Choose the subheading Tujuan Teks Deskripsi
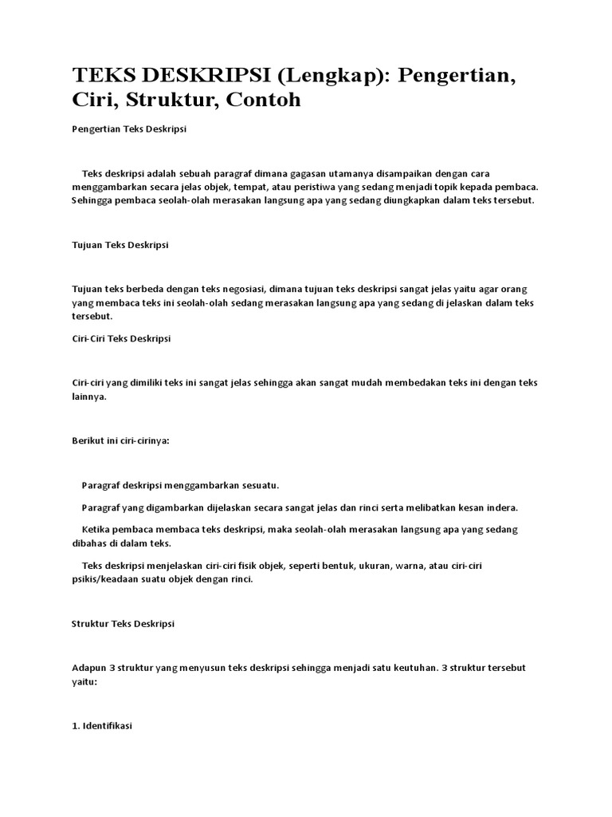point(120,245)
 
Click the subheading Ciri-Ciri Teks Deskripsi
point(121,338)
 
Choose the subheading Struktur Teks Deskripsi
point(123,623)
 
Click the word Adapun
point(88,667)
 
